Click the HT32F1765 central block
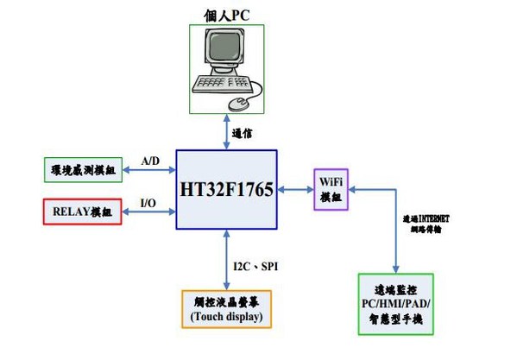tap(226, 188)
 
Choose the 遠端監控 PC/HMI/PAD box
tap(394, 304)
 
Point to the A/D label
tap(150, 160)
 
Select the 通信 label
tap(243, 132)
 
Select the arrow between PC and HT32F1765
tap(227, 131)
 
